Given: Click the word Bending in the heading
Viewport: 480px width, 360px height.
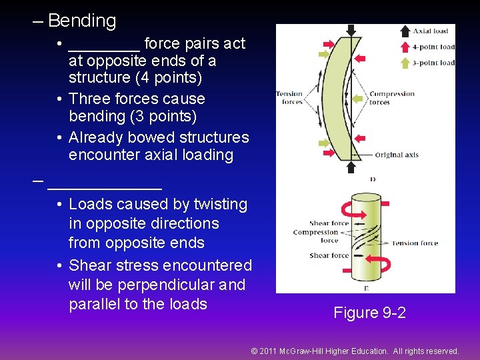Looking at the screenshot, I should coord(82,21).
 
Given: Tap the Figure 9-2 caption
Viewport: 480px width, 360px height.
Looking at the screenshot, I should coord(369,312).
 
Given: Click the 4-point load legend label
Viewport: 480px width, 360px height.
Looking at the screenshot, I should coord(433,47).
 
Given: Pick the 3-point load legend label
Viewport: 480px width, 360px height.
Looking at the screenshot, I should coord(433,63).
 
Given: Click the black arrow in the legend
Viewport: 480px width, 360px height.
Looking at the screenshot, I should coord(404,30).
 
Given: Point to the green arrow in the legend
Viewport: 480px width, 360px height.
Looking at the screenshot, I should coord(404,62).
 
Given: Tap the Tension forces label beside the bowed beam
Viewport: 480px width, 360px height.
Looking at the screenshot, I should coord(289,98).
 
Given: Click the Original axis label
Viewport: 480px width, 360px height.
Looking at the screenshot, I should coord(397,155).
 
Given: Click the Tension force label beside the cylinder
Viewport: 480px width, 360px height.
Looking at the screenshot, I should coord(414,243).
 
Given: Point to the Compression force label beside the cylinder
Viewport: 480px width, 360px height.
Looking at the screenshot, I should coord(316,236).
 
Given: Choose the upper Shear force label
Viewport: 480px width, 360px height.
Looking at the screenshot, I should coord(329,223).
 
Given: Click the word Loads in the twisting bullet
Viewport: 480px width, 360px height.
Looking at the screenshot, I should coord(90,204).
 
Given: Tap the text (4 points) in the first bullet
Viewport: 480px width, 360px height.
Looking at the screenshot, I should coord(169,77).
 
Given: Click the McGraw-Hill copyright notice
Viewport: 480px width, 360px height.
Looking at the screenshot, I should coord(355,351).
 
